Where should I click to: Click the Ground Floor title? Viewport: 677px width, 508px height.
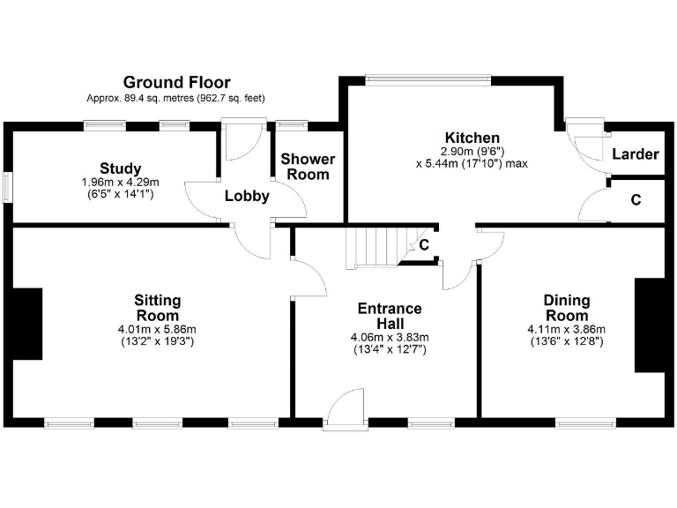[176, 82]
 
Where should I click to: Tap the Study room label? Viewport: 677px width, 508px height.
[120, 168]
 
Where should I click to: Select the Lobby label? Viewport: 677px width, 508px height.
[246, 196]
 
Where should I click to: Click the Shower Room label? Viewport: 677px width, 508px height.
[307, 167]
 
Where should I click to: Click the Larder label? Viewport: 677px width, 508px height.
[635, 154]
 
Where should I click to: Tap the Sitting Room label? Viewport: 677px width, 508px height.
[157, 308]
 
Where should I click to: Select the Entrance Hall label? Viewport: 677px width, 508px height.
[389, 316]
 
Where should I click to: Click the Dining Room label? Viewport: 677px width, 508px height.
[566, 308]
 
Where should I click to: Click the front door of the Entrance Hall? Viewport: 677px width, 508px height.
[345, 413]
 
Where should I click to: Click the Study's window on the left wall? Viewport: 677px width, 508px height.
[7, 188]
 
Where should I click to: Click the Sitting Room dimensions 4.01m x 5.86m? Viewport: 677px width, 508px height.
[157, 330]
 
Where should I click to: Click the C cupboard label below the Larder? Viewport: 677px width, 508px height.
[636, 200]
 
